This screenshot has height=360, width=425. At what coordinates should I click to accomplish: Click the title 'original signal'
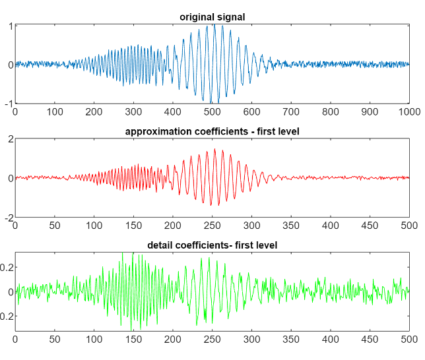click(212, 17)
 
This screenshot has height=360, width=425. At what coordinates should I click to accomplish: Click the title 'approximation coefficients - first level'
click(212, 131)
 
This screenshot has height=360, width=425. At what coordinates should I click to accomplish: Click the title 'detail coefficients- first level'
click(212, 245)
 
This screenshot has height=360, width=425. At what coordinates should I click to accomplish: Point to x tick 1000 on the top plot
click(409, 112)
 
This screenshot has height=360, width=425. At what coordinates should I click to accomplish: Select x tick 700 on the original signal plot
click(291, 112)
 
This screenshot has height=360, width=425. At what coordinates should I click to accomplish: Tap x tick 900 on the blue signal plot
click(370, 112)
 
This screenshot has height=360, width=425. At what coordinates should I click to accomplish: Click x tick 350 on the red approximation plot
click(291, 225)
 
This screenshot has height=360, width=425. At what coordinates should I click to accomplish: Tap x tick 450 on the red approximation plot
click(370, 225)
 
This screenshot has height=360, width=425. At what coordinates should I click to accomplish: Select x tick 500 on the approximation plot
click(409, 225)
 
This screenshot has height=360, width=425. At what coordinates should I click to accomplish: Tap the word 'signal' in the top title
click(230, 17)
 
